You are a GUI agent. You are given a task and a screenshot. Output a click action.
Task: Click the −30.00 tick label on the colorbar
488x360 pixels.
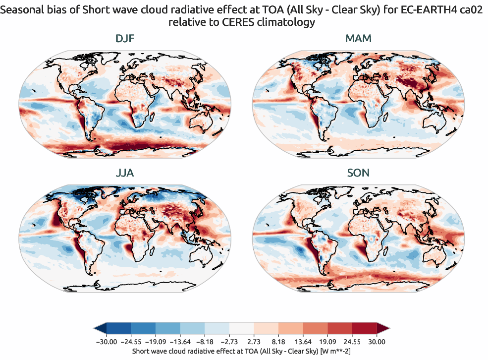coord(106,342)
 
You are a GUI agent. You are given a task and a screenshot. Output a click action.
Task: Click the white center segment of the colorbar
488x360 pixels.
coord(241,328)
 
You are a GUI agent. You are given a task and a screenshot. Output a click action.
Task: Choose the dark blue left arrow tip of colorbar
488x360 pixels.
coord(99,328)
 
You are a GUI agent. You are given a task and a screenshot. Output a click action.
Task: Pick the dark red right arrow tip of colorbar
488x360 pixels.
coord(383,328)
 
